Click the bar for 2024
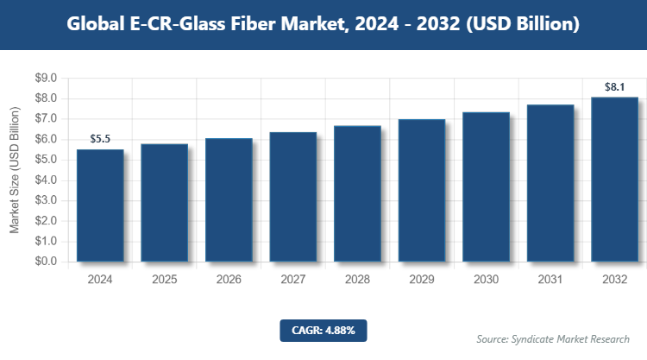(100, 205)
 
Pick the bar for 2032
(614, 179)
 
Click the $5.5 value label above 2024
(101, 139)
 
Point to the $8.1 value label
(614, 86)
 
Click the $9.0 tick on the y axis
(45, 79)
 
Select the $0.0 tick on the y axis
(45, 262)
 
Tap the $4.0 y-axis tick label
(45, 180)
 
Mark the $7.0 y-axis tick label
(45, 119)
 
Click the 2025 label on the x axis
(164, 280)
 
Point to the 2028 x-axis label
(357, 280)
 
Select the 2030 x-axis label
(486, 280)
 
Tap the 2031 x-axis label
(550, 280)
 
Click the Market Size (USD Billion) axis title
(15, 170)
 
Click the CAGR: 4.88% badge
(323, 330)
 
